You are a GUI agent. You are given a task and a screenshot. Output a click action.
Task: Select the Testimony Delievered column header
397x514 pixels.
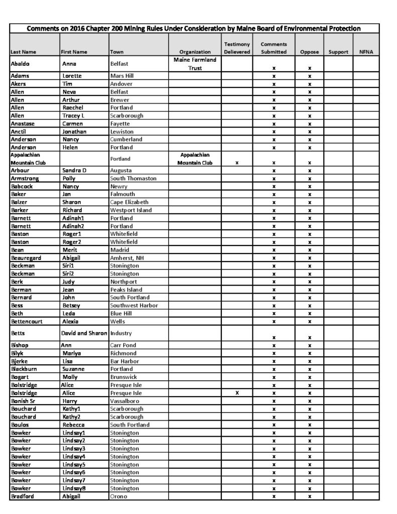(x=237, y=48)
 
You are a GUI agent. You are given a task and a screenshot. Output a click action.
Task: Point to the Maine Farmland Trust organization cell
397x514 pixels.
(x=195, y=64)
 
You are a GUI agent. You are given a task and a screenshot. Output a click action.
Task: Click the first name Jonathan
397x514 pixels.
(x=74, y=131)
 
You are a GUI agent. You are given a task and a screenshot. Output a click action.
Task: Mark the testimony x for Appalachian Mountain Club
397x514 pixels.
(x=237, y=163)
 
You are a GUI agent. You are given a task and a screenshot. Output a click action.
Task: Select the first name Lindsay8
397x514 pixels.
(x=74, y=488)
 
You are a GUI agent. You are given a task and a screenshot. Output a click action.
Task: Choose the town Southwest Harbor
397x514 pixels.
(x=134, y=305)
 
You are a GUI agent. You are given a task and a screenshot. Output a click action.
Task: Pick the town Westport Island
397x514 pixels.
(x=131, y=210)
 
